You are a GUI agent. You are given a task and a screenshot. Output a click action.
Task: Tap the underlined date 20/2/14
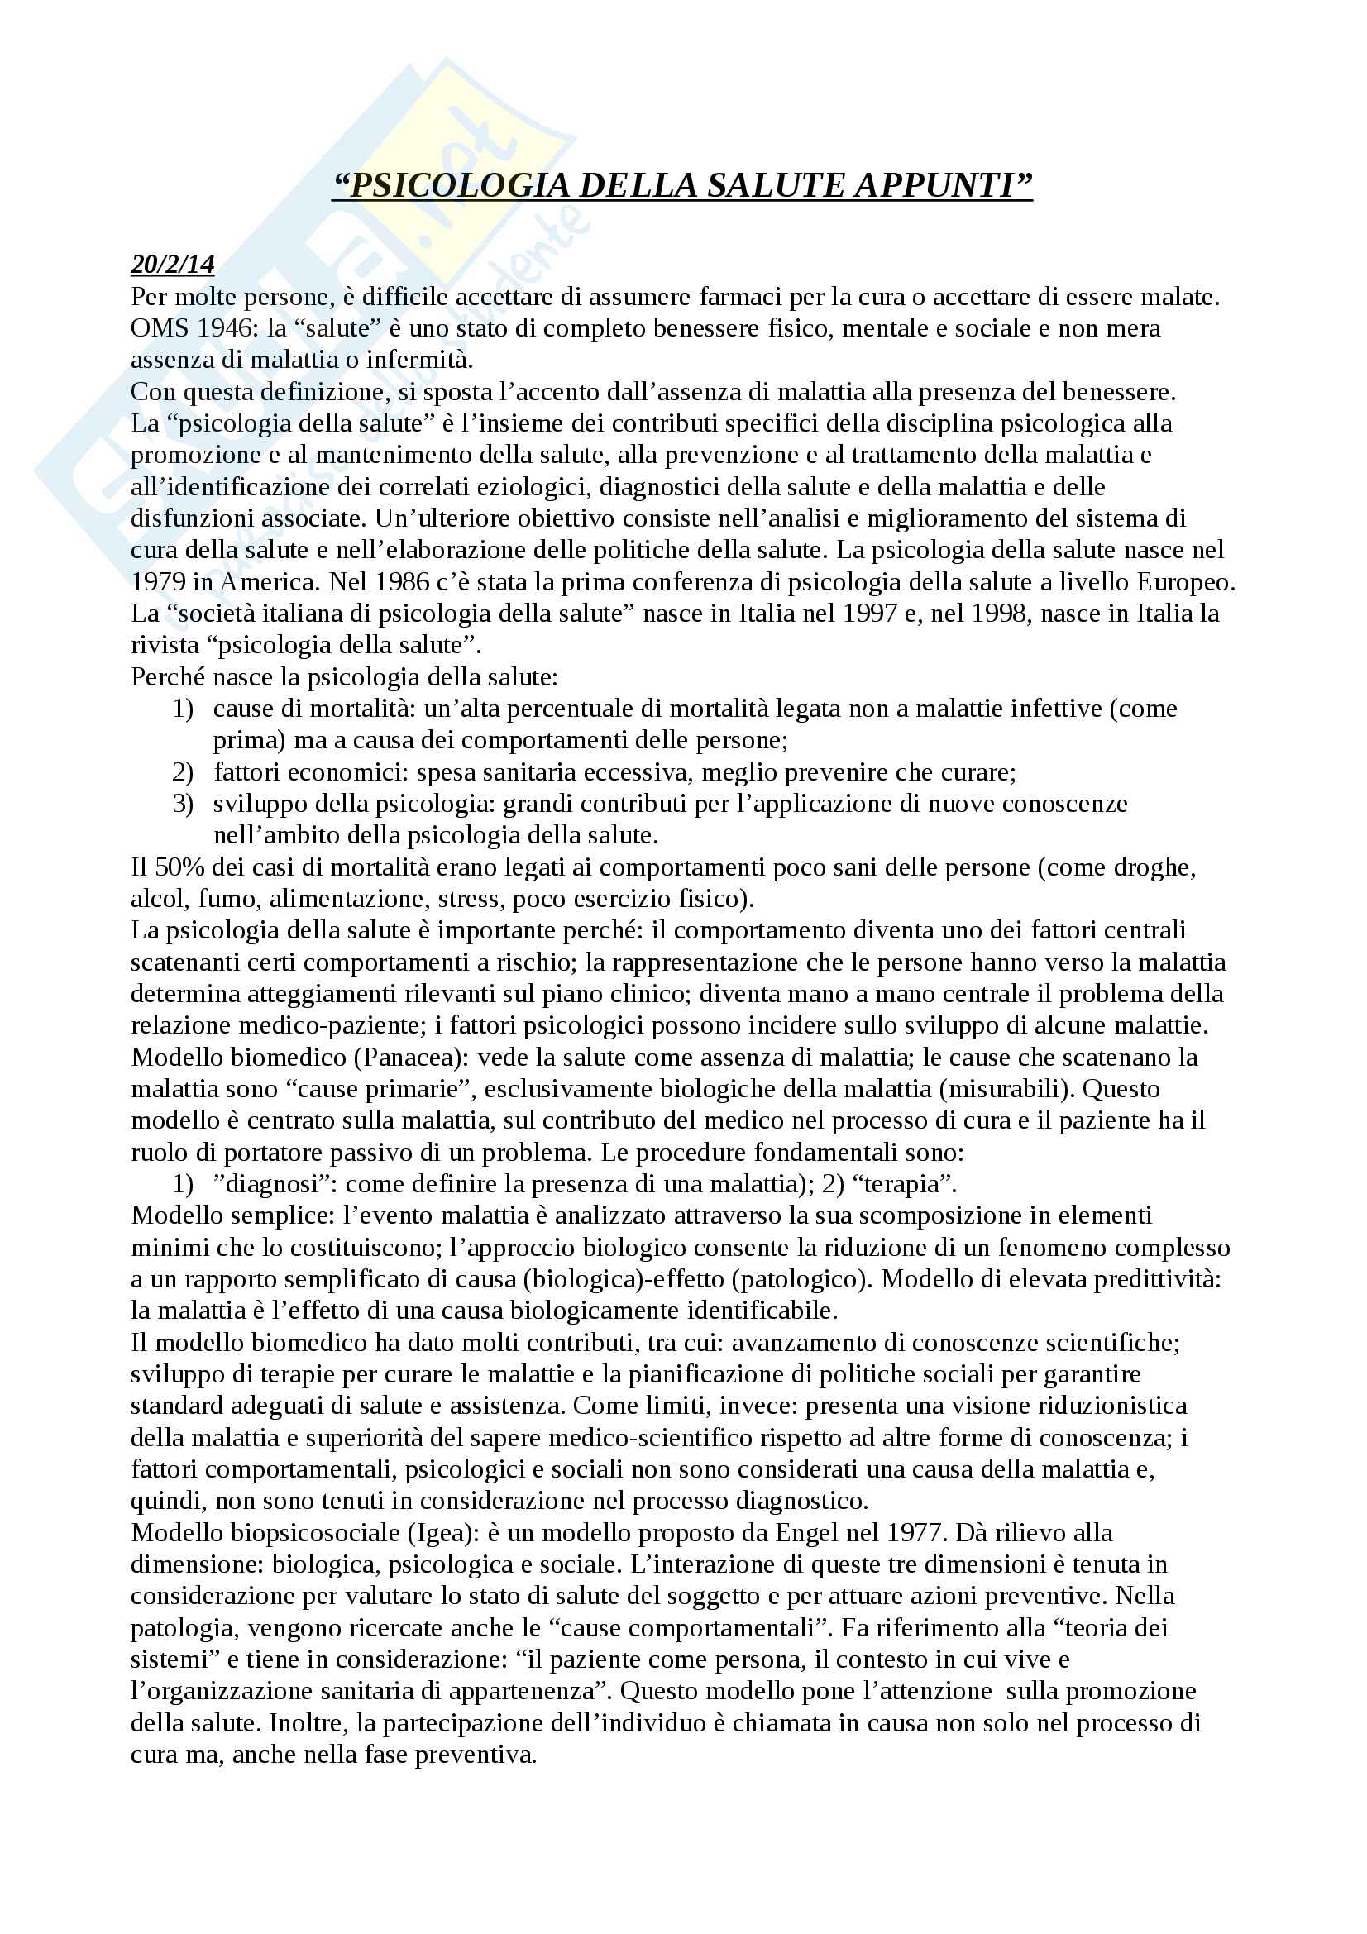[x=173, y=265]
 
